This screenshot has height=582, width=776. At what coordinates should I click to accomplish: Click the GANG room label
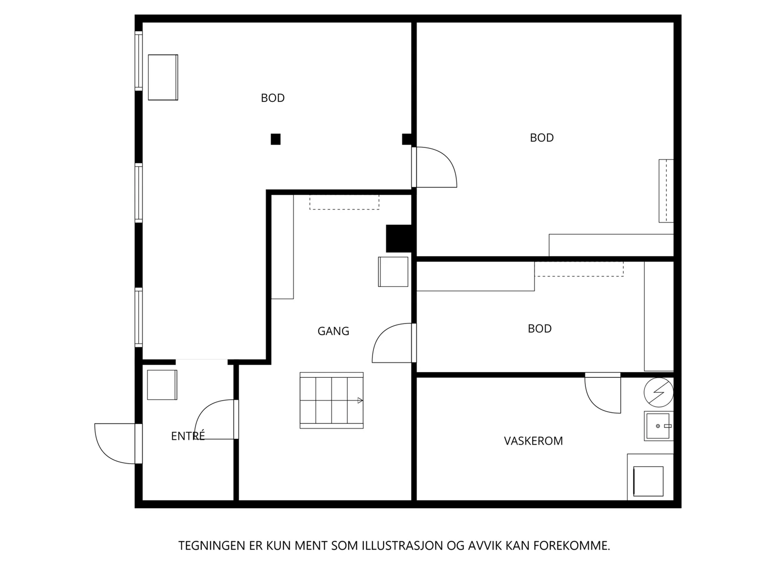click(333, 331)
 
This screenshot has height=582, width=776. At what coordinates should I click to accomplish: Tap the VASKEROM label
click(533, 441)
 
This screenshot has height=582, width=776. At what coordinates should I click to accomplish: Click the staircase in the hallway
click(331, 401)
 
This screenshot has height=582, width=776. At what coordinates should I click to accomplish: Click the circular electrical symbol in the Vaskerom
click(658, 392)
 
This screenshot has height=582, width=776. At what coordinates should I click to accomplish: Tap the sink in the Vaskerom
click(658, 426)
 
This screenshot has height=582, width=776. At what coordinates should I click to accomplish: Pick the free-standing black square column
click(275, 139)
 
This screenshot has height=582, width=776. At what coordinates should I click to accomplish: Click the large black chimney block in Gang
click(399, 239)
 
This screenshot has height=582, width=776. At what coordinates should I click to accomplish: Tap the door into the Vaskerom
click(602, 392)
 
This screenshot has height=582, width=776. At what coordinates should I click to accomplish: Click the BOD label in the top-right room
click(542, 138)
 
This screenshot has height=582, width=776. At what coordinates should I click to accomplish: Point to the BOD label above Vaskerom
click(539, 329)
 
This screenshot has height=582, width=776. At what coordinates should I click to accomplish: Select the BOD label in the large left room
click(273, 98)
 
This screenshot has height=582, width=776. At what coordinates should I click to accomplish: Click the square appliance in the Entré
click(162, 385)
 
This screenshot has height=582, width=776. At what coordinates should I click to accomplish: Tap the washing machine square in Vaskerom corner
click(648, 481)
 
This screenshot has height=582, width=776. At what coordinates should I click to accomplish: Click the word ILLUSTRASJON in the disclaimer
click(403, 546)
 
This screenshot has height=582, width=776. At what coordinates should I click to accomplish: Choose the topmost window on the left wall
click(139, 61)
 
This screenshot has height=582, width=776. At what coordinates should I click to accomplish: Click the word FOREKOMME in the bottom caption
click(571, 546)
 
